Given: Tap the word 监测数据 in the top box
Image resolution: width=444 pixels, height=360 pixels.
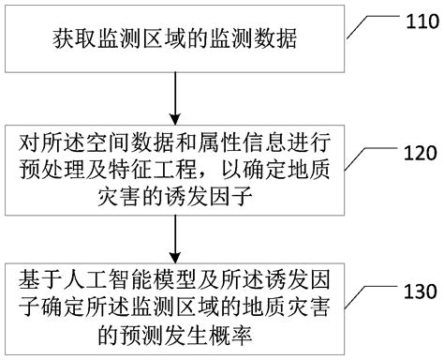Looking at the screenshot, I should (x=246, y=42).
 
